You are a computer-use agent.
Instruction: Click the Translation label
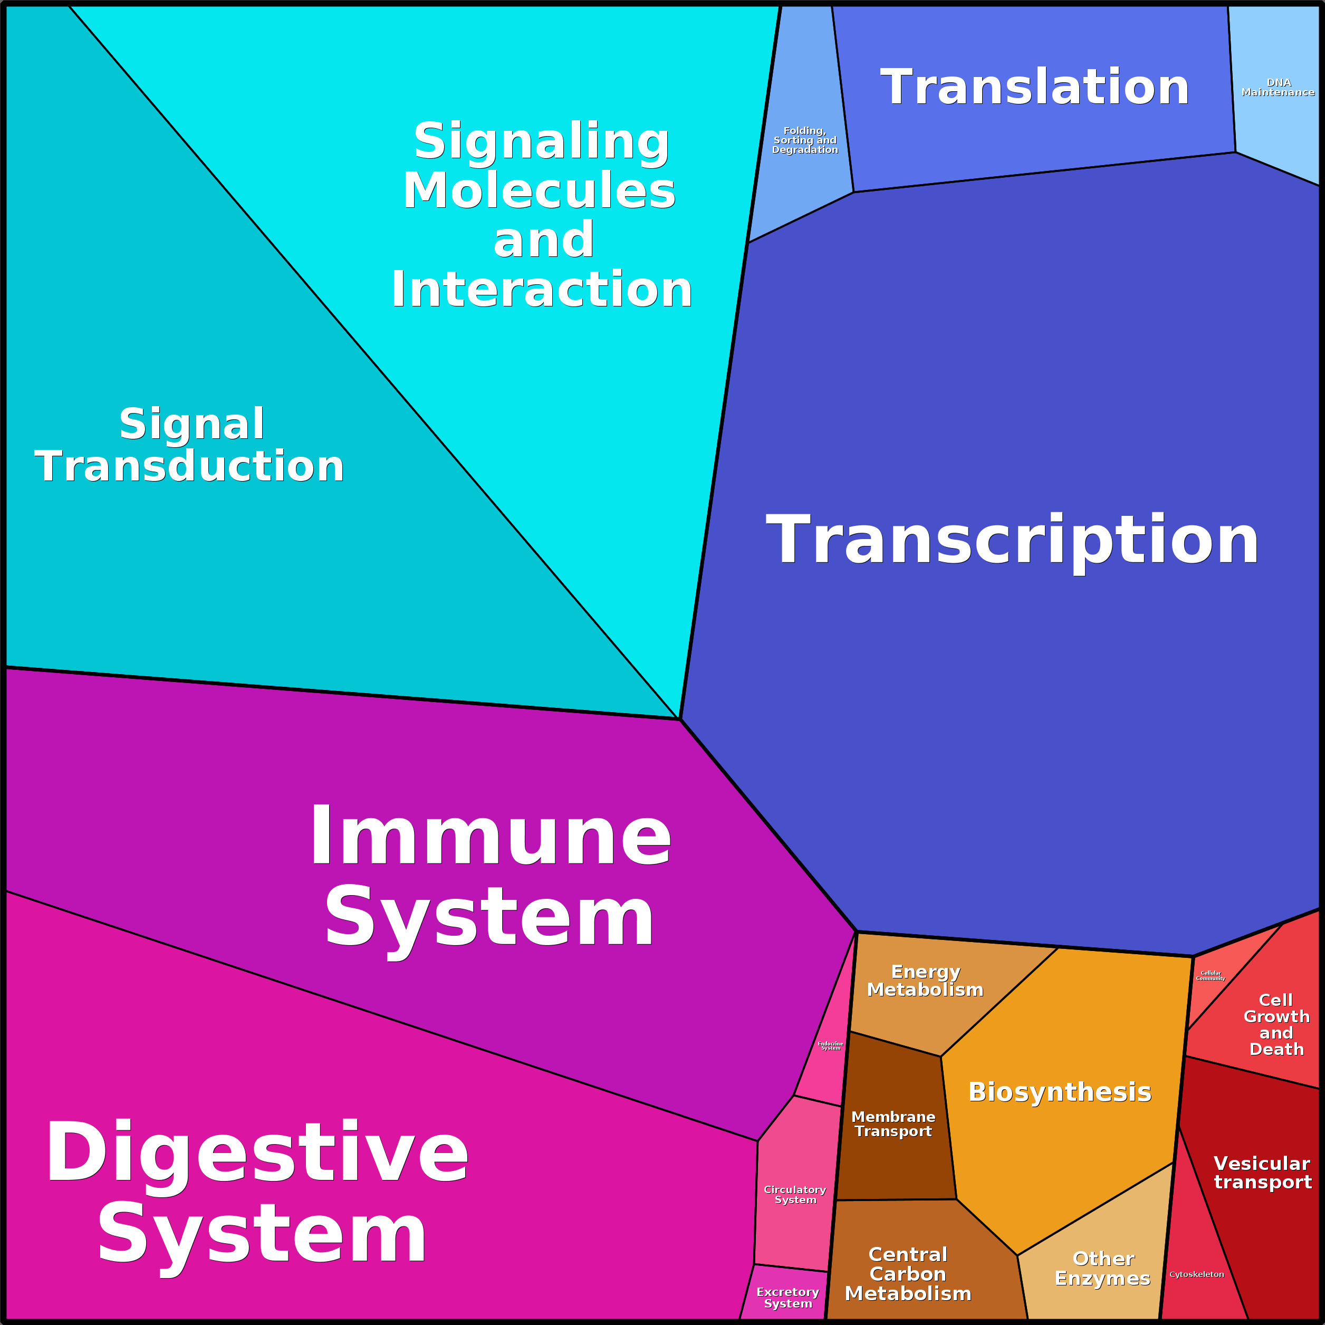(1034, 87)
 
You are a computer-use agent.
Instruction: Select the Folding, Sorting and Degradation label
(804, 140)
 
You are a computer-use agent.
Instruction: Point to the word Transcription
(1012, 541)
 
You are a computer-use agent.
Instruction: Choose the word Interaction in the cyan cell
(541, 290)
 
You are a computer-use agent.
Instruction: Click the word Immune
(491, 836)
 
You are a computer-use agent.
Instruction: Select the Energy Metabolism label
(925, 981)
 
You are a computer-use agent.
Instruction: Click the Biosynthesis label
(1060, 1092)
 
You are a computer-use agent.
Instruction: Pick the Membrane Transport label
(893, 1124)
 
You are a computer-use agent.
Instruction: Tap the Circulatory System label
(795, 1194)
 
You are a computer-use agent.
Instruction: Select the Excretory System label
(788, 1297)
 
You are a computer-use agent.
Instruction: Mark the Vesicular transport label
(1263, 1172)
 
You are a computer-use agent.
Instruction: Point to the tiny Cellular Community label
(1211, 975)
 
